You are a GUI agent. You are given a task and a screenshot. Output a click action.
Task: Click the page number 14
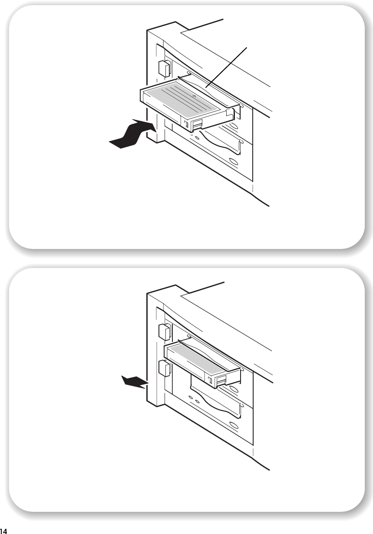3,531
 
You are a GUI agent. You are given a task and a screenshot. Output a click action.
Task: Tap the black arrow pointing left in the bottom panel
135,381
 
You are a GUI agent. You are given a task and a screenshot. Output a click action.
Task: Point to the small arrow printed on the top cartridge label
194,96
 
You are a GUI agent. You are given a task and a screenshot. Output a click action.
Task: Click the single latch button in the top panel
164,69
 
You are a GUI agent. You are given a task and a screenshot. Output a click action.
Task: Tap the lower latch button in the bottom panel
164,368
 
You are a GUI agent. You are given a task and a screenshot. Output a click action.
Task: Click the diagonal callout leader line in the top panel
226,67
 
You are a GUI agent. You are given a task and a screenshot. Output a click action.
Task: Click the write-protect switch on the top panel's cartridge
186,124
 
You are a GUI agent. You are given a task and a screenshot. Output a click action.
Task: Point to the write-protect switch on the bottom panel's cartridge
210,380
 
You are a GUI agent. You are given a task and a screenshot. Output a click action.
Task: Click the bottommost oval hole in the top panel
234,161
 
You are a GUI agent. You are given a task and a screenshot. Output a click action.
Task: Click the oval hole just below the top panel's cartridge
234,126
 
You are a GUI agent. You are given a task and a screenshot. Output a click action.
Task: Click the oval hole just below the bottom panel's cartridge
234,390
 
